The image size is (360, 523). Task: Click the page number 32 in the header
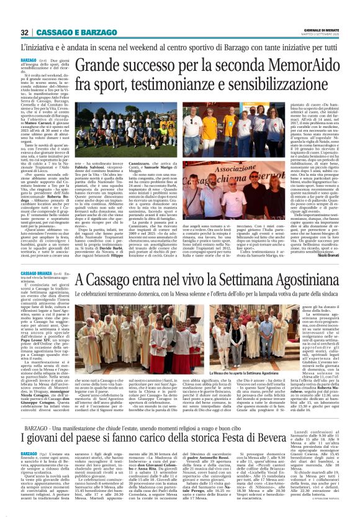pos(25,32)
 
